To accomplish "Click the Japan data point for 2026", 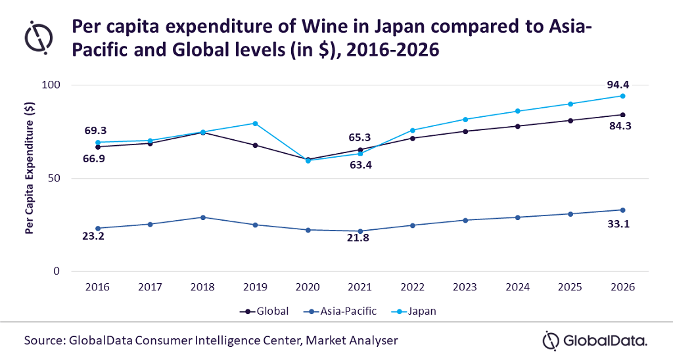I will tap(622, 96).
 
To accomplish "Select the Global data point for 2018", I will tap(202, 133).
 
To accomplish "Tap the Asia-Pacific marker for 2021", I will tap(360, 231).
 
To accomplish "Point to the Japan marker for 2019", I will tap(255, 124).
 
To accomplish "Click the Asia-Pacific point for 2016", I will tap(98, 228).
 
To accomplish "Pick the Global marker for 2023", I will tap(465, 131).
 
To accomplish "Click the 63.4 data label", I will tap(360, 165).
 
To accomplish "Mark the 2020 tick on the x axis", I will tap(308, 287).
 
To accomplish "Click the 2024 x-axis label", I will tap(518, 287).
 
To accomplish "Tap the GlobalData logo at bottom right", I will tap(595, 340).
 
